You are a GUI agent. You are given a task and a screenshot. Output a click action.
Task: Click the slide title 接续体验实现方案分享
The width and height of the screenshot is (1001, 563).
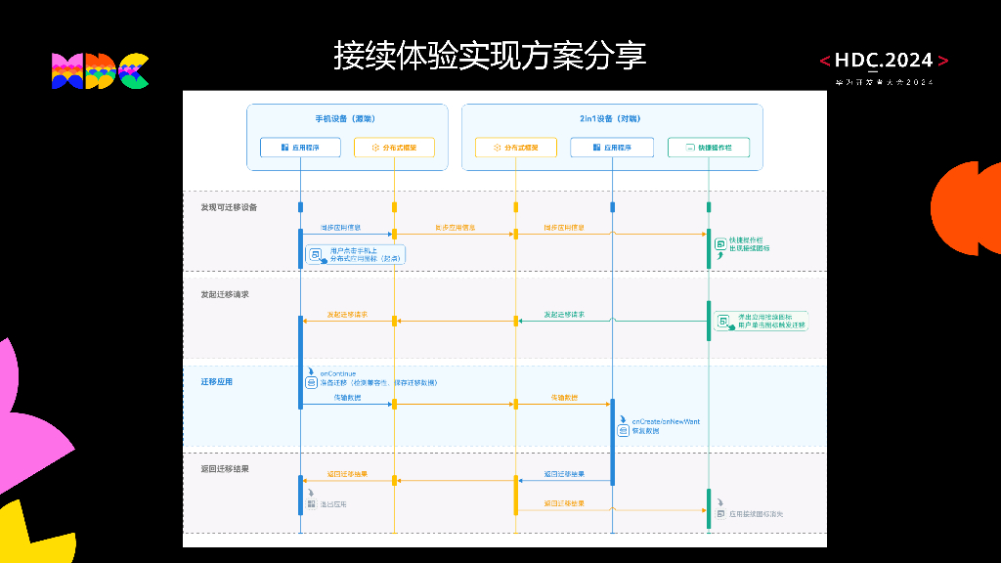tap(490, 56)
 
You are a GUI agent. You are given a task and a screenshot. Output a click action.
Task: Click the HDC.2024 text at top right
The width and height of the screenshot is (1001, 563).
tap(885, 61)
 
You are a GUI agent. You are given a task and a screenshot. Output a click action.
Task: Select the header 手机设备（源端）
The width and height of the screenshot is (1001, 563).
tap(347, 118)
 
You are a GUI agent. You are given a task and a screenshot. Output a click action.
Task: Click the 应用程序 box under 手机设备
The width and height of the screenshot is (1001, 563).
tap(301, 148)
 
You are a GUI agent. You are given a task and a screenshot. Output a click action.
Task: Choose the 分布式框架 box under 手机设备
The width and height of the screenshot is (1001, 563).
tap(394, 148)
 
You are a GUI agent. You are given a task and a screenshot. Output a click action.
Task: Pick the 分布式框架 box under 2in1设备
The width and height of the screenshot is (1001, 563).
tap(515, 148)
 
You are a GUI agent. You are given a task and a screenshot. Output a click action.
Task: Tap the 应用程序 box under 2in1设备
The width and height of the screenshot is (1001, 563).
tap(612, 148)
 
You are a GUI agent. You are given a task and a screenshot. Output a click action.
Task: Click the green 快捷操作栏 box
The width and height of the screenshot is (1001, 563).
tap(708, 148)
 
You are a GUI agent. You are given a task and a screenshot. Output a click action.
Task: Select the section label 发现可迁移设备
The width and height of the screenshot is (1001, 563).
tap(230, 207)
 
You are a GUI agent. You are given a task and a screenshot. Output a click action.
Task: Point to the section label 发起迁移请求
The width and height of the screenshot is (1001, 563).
tap(225, 293)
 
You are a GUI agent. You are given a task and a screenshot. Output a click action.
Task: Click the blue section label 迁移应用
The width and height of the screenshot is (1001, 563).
tap(217, 381)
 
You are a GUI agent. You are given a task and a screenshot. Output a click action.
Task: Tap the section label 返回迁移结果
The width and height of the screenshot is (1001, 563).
tap(225, 468)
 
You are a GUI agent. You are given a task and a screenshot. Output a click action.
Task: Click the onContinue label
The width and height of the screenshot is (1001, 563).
tap(338, 373)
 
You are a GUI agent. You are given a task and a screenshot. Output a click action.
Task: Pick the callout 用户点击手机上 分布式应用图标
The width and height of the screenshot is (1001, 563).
tap(355, 255)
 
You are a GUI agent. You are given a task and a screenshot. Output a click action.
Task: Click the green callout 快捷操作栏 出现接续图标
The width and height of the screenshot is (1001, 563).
tap(749, 244)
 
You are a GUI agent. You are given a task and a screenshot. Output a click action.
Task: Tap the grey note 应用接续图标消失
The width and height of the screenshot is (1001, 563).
tap(757, 513)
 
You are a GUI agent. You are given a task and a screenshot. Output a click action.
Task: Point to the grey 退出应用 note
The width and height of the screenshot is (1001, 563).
tap(333, 504)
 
